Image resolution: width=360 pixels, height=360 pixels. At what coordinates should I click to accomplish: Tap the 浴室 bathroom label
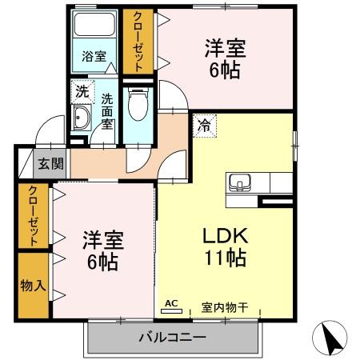point(94,57)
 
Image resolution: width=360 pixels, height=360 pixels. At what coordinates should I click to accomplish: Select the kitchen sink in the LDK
point(239,182)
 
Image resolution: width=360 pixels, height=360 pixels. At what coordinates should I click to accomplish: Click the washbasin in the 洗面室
point(81,120)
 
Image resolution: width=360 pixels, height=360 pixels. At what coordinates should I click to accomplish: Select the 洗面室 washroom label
point(107,112)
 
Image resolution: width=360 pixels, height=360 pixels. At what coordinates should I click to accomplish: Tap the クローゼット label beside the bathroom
point(138,42)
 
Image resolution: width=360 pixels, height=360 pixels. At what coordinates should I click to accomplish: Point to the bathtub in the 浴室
point(94,29)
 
